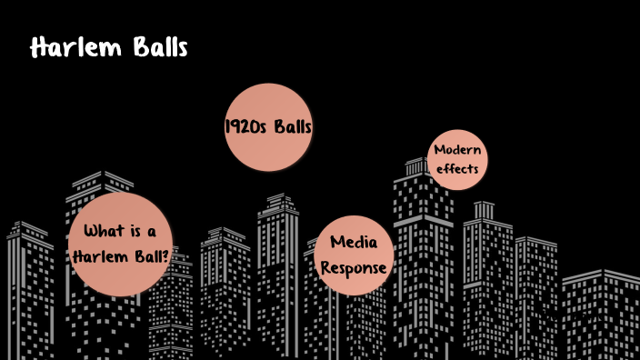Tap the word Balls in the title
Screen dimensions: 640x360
click(x=160, y=48)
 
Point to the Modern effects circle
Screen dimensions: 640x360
click(x=457, y=159)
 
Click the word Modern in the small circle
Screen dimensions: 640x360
click(x=457, y=150)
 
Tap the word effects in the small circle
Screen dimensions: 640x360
click(x=457, y=169)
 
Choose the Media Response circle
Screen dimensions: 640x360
click(x=355, y=255)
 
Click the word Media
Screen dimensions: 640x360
click(x=355, y=243)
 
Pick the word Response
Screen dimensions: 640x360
click(x=355, y=268)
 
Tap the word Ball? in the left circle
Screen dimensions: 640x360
click(x=148, y=255)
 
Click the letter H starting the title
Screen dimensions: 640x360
click(x=38, y=48)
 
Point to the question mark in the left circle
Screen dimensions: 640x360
click(x=165, y=255)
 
